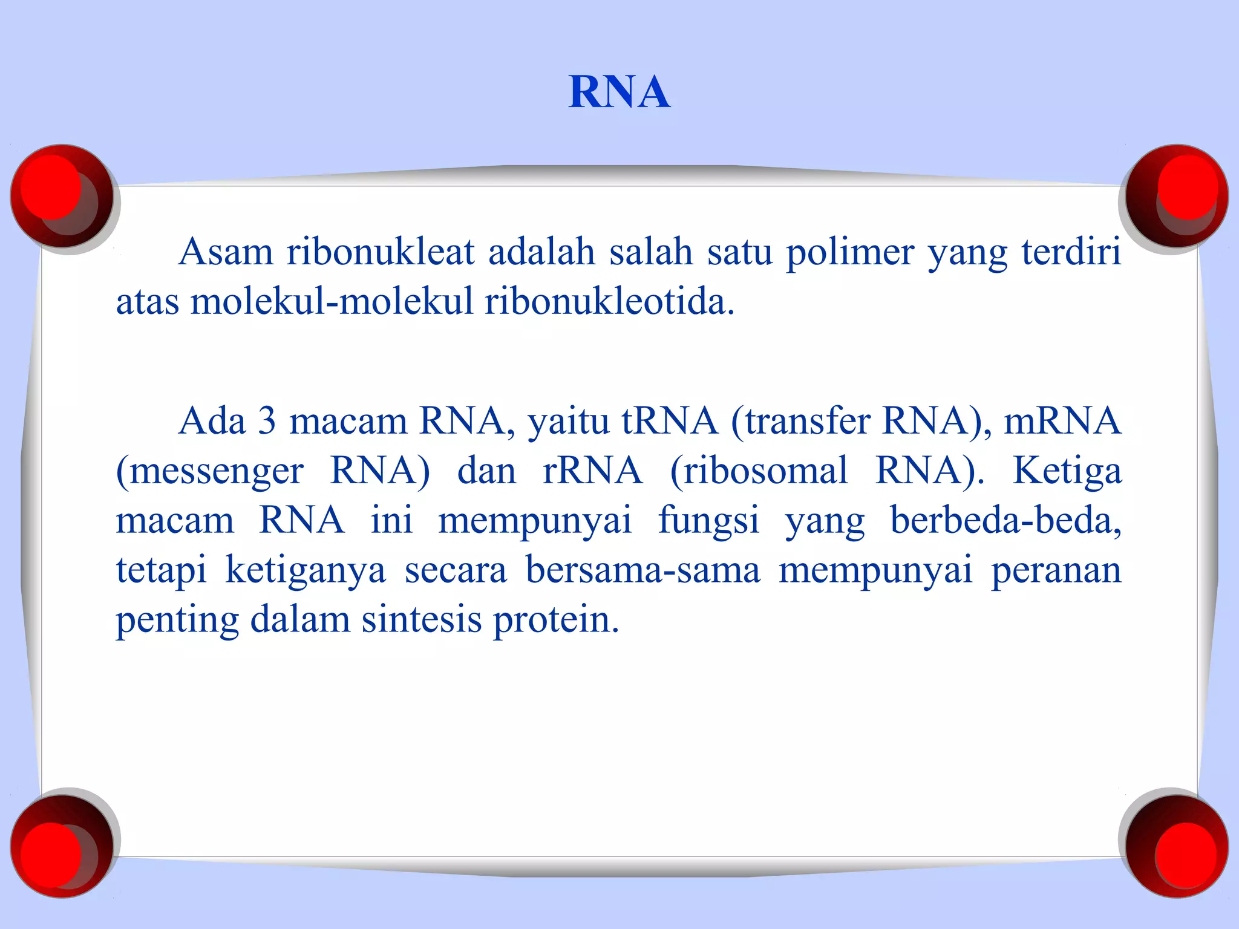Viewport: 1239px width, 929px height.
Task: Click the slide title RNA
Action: coord(619,93)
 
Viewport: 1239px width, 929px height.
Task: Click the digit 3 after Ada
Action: coord(267,421)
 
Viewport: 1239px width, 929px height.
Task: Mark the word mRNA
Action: coord(1062,421)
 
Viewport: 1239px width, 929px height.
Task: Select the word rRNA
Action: coord(592,471)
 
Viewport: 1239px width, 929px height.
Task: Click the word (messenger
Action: coord(209,472)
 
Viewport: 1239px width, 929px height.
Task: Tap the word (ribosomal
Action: coord(759,471)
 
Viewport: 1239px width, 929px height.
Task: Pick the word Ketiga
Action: coord(1067,472)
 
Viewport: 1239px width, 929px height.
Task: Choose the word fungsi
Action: coord(708,521)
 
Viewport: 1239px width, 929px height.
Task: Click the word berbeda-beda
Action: coord(1005,520)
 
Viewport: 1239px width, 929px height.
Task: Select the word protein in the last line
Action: coord(556,621)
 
